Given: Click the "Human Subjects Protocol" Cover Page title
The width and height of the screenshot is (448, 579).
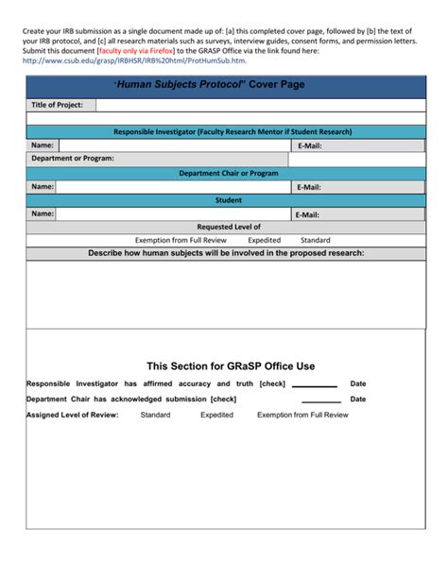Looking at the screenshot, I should click(x=224, y=85).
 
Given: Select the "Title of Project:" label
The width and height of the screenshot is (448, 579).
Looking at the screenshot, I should click(x=57, y=105).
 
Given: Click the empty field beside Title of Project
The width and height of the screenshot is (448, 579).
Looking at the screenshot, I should click(x=255, y=105).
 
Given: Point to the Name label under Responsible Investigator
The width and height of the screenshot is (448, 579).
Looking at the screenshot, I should click(x=42, y=146).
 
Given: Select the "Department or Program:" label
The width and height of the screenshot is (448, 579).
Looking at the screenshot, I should click(x=72, y=160).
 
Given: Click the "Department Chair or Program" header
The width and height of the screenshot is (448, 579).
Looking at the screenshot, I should click(x=228, y=174).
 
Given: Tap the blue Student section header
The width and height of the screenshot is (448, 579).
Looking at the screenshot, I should click(x=228, y=200).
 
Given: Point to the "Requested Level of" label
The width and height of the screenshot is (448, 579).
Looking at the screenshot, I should click(x=228, y=228).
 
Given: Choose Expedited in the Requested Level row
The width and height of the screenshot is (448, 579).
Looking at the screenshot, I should click(x=264, y=241).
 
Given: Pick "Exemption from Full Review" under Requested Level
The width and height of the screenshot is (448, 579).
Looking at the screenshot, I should click(x=181, y=241).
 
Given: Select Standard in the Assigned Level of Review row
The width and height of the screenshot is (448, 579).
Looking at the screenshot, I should click(x=155, y=415).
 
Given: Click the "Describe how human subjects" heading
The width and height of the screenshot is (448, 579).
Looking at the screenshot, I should click(x=226, y=254).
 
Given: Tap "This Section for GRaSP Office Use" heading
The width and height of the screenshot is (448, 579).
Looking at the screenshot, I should click(x=231, y=366).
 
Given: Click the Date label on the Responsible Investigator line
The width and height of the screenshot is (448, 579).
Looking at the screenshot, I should click(x=357, y=384).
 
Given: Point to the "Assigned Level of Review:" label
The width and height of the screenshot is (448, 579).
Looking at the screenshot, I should click(x=72, y=415).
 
